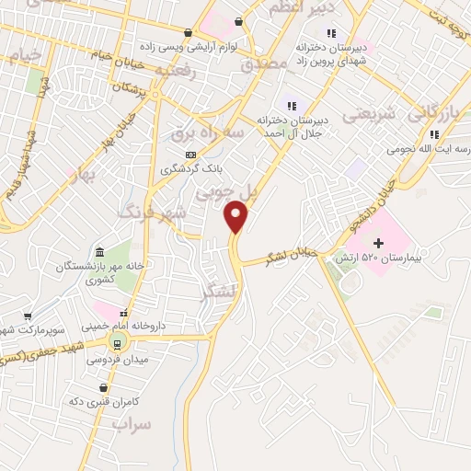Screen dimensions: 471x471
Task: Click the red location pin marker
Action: [x=236, y=216]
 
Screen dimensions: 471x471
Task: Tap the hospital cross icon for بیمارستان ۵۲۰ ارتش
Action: [x=378, y=242]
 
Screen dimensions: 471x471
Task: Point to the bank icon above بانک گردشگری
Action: [x=190, y=154]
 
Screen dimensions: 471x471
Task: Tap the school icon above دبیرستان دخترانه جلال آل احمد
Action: [x=293, y=106]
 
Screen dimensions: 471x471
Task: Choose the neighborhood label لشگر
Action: [x=217, y=293]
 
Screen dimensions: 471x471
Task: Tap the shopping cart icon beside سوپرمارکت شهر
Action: [x=28, y=315]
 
